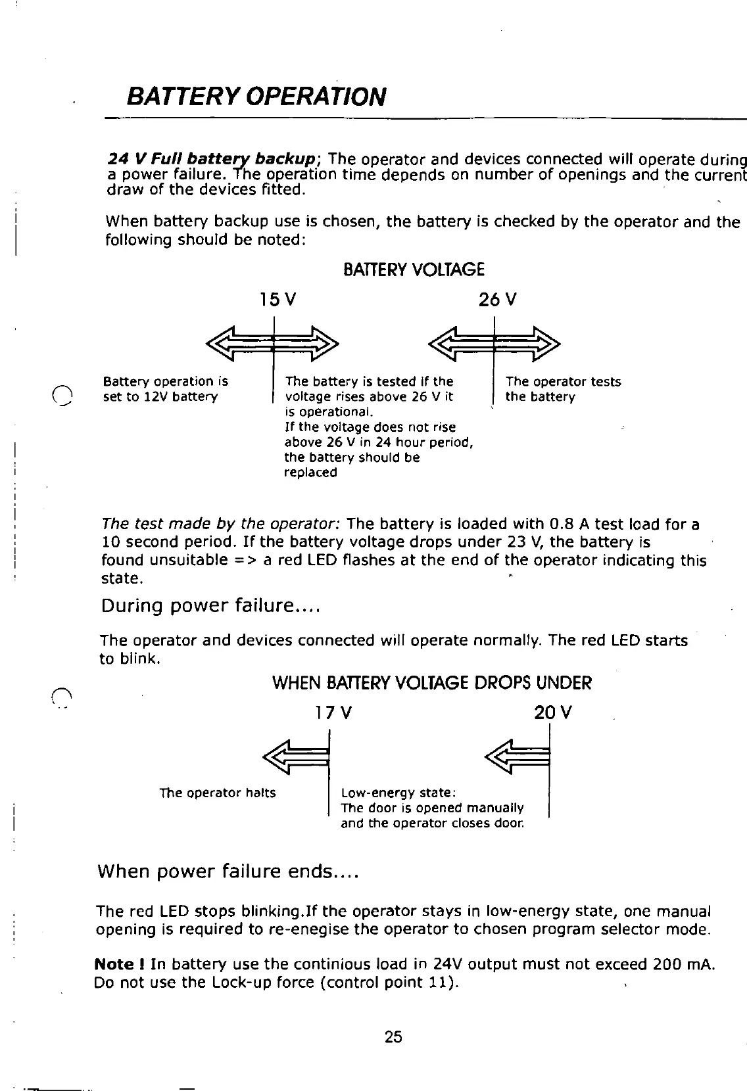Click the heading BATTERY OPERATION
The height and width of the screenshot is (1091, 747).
(x=255, y=97)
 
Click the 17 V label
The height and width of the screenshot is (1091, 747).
(x=333, y=712)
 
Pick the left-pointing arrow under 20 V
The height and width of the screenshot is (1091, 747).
(x=516, y=757)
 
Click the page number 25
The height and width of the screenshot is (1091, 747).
(x=393, y=1037)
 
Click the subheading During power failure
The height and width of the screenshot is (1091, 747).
(x=210, y=605)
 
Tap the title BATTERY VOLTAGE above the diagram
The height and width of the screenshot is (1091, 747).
(x=414, y=269)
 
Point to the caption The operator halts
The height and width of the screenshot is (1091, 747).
(x=218, y=793)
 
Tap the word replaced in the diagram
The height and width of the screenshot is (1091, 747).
(x=310, y=473)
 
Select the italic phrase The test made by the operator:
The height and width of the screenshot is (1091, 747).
(x=220, y=524)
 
